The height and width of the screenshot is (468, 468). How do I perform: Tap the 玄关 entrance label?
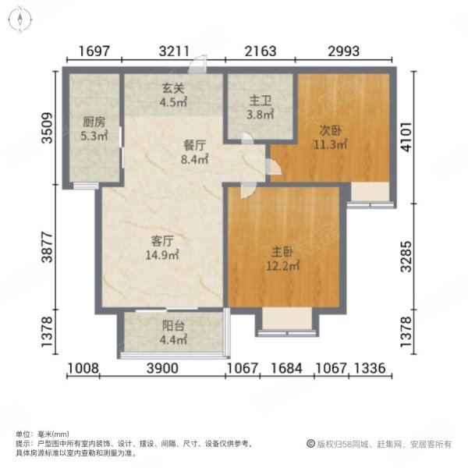tap(172, 89)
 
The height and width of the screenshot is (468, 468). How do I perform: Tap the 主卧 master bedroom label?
tap(283, 253)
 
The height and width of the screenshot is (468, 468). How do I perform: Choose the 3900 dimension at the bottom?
tap(164, 369)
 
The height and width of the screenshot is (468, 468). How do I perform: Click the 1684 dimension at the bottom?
tap(285, 369)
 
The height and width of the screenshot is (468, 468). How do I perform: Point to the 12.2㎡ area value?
tap(283, 266)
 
